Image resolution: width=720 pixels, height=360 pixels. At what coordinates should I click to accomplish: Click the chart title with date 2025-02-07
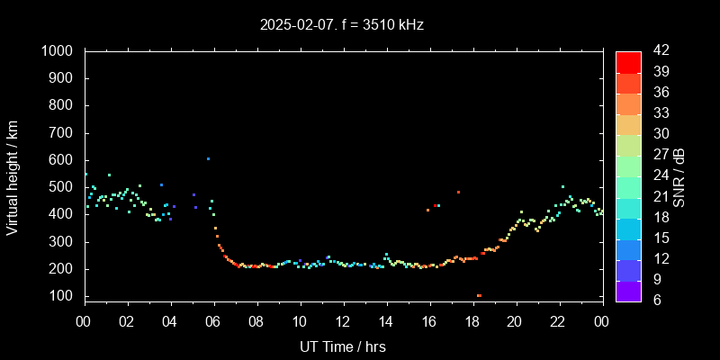point(342,25)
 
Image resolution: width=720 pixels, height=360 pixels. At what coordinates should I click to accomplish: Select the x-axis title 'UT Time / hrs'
point(342,346)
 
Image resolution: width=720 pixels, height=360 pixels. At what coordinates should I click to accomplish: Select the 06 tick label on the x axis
point(213,320)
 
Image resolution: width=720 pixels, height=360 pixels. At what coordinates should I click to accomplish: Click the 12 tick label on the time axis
point(343,320)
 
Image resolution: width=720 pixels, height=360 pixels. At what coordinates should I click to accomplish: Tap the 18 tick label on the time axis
point(472,320)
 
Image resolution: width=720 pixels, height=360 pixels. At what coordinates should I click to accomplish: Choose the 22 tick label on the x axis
point(558,320)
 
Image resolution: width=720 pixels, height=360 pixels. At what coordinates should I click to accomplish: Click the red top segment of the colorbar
point(628,61)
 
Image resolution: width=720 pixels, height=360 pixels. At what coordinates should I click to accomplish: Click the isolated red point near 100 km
point(479,295)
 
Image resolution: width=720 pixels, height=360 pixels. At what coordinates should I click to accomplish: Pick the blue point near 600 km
point(208,159)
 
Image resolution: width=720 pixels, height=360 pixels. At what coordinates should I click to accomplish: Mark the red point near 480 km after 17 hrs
point(458,192)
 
